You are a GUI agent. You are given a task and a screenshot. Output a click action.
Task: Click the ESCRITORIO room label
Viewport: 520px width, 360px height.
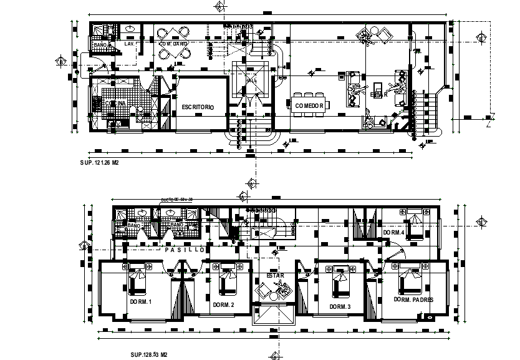(198, 107)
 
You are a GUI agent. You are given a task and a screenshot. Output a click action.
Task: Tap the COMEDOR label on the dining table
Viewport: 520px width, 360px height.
(309, 105)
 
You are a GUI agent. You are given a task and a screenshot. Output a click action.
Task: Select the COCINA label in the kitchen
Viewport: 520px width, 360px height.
(115, 103)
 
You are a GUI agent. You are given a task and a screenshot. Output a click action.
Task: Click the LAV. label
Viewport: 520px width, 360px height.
(130, 44)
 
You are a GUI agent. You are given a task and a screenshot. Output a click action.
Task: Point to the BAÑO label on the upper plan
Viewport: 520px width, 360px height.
(100, 46)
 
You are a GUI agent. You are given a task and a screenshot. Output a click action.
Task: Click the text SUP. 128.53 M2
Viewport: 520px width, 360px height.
(148, 354)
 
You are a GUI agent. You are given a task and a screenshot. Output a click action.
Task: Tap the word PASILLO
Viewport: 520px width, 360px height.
(185, 250)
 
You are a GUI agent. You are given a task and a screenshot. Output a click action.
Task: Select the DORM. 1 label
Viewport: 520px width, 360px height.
(141, 301)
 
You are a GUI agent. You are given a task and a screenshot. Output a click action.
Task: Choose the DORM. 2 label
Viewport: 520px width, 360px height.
(223, 304)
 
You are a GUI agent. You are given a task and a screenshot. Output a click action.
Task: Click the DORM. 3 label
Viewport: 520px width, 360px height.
(340, 306)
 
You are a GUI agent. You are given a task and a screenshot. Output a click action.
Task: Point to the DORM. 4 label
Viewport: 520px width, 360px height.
(393, 232)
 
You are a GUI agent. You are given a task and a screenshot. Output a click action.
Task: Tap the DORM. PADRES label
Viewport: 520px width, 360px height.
(413, 299)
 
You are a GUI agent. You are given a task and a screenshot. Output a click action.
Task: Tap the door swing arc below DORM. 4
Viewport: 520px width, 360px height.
(397, 253)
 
